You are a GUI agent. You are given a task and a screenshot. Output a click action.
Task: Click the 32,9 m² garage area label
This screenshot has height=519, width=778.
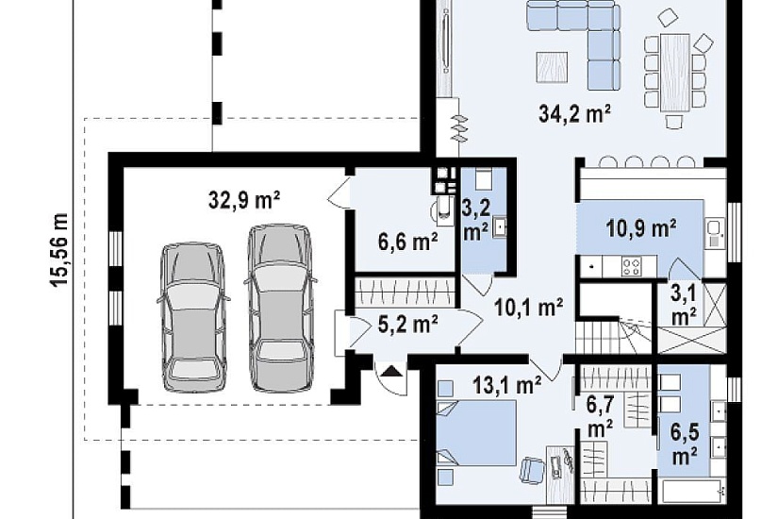point(244,200)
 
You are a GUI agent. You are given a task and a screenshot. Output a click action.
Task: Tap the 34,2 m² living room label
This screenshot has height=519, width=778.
point(574,114)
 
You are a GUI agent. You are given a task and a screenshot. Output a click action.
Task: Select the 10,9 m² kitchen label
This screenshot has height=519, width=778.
point(641,228)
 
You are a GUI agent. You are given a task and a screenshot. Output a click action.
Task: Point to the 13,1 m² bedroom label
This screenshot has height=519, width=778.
point(506,385)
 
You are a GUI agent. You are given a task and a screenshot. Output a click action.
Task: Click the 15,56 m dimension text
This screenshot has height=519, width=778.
point(59,251)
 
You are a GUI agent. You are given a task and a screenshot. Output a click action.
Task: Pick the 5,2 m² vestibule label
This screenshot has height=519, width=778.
point(407,325)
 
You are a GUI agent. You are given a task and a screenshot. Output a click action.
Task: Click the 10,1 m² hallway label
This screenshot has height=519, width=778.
point(528,308)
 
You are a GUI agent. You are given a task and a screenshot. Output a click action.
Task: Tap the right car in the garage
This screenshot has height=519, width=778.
point(280,308)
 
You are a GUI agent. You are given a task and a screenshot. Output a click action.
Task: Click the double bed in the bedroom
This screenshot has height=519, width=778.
point(475,433)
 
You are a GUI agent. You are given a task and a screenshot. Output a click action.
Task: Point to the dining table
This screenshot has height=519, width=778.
point(674,73)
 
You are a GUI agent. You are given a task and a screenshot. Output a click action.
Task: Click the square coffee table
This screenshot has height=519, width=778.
point(552,67)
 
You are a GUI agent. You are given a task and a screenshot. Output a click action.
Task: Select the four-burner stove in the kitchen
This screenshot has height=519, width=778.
point(632,266)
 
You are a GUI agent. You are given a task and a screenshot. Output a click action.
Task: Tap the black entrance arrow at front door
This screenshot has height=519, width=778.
point(392,371)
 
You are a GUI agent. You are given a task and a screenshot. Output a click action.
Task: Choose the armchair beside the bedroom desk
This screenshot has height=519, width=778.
point(533,470)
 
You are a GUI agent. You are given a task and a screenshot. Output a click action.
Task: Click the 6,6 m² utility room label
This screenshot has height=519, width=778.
point(407,243)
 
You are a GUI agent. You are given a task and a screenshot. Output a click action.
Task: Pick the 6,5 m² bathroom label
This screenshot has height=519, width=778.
point(685,444)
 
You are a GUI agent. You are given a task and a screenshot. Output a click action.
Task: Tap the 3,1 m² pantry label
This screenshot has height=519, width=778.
point(684,304)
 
